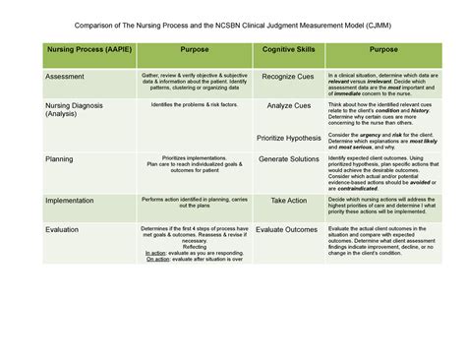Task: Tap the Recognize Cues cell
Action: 287,76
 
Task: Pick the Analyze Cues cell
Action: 287,105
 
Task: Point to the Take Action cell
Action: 288,201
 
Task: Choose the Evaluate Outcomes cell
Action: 286,229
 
